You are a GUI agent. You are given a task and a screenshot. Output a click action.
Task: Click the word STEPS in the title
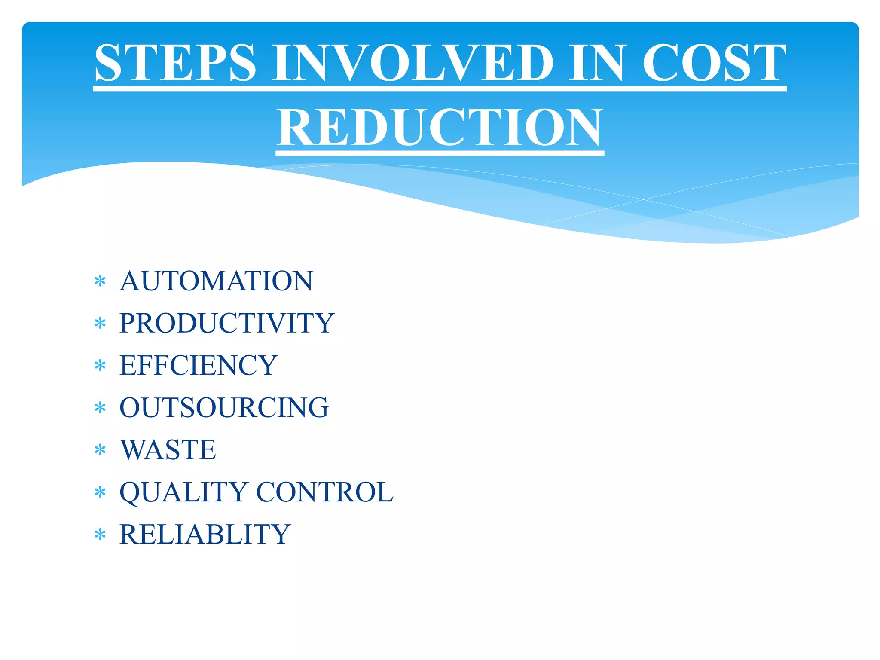click(x=175, y=63)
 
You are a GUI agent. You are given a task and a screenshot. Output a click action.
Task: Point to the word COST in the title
click(x=714, y=63)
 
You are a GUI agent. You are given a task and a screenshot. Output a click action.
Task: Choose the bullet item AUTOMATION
click(x=217, y=281)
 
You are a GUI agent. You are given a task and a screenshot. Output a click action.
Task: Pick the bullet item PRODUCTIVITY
click(x=227, y=323)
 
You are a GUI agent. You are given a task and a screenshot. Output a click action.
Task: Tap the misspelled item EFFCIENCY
click(x=199, y=365)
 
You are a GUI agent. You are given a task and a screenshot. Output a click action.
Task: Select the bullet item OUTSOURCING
click(x=224, y=407)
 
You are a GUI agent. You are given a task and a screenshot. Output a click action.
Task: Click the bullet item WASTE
click(x=168, y=450)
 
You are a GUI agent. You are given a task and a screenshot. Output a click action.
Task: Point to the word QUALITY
click(x=184, y=492)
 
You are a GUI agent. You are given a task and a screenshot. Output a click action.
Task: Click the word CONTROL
click(x=325, y=492)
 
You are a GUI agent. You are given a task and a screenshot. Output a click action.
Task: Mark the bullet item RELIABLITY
click(x=205, y=534)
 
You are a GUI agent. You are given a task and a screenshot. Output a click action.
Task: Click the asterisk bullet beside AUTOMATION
click(x=100, y=281)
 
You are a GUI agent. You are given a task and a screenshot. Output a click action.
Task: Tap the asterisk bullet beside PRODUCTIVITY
click(x=100, y=324)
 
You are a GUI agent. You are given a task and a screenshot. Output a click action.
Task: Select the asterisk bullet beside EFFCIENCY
click(x=100, y=366)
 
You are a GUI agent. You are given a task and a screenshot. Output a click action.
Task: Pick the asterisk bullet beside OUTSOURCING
click(x=100, y=408)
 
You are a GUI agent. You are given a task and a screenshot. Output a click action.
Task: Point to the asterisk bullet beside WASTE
click(x=100, y=450)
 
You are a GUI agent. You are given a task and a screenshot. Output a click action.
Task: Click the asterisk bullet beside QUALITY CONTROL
click(x=100, y=492)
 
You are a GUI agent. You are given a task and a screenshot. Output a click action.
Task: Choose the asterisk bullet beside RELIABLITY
click(x=100, y=535)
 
